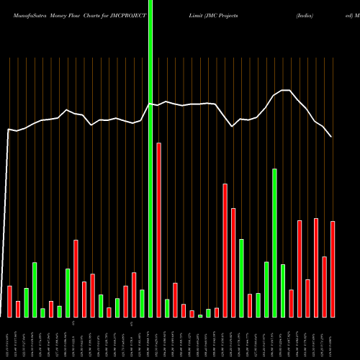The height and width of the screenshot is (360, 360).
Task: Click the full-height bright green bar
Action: [150, 158]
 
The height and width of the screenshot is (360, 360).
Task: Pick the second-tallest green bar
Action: [274, 243]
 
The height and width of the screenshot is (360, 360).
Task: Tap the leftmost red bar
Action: [10, 302]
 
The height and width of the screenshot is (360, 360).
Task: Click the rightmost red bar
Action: [333, 269]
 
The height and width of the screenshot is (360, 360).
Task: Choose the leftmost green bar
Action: [27, 303]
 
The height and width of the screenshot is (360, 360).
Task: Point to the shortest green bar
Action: [200, 315]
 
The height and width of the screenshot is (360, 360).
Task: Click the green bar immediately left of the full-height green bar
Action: [143, 303]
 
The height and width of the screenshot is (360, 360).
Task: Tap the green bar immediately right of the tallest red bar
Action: [167, 308]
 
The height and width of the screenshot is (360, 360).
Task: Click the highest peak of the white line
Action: [286, 90]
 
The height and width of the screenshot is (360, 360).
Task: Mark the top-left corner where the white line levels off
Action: [8, 130]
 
